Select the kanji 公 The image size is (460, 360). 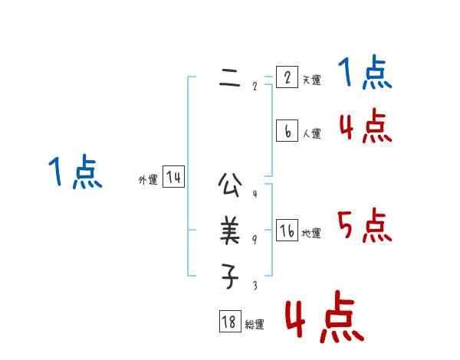[230, 184]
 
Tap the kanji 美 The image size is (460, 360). [230, 230]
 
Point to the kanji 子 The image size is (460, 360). [230, 276]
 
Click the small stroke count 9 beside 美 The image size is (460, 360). [255, 240]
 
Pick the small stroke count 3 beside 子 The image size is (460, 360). [255, 286]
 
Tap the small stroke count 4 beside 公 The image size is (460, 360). [255, 194]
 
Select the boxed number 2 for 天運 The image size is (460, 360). [287, 77]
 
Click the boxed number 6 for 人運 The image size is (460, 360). [287, 131]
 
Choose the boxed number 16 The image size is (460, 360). [287, 231]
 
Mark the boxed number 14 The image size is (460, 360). [174, 178]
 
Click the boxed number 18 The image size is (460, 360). [229, 322]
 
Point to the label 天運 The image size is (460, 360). [311, 80]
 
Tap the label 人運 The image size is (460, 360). [311, 133]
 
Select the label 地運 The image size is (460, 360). [311, 233]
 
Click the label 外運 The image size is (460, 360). [148, 180]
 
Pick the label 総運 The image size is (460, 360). [255, 325]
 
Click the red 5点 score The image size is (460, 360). [365, 226]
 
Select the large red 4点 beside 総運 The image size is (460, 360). [324, 317]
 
